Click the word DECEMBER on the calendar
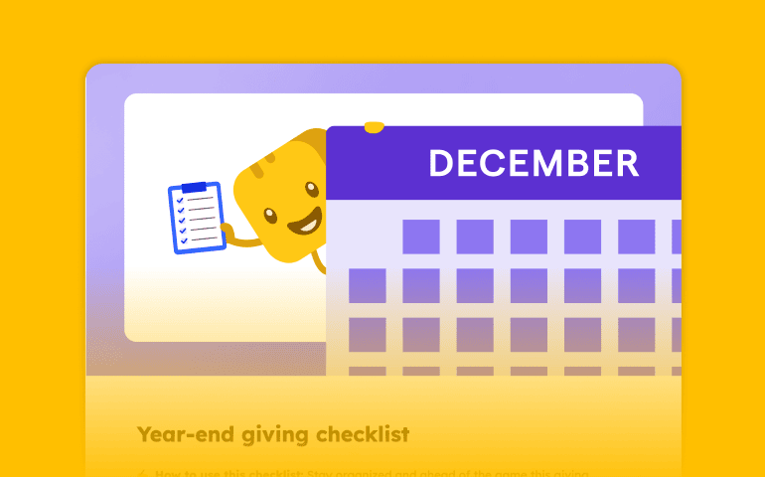(x=534, y=163)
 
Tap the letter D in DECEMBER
(x=440, y=163)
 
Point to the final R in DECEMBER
(x=626, y=163)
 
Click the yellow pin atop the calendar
(x=374, y=127)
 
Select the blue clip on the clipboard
(x=194, y=187)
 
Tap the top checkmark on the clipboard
(x=179, y=199)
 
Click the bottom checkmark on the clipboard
(x=185, y=239)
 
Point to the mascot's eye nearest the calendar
(x=310, y=189)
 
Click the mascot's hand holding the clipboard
(x=227, y=228)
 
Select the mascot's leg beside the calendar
(x=318, y=260)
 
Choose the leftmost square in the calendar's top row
(x=420, y=237)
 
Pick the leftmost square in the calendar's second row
(x=367, y=285)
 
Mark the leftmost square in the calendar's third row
(x=367, y=334)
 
